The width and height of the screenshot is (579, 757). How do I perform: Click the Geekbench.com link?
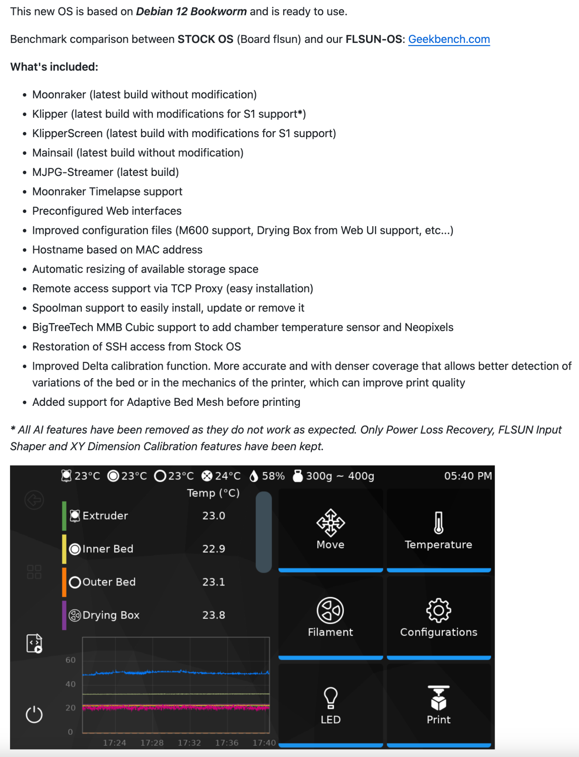449,39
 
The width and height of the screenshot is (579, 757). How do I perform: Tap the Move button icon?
331,523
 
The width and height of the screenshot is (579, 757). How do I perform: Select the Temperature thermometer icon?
439,523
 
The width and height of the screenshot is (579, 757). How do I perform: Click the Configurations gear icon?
439,610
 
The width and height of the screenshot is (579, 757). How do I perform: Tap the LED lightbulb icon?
331,698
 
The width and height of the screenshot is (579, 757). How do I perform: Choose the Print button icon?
439,698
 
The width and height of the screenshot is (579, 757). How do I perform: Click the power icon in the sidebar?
34,714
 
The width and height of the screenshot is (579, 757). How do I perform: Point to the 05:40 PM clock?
468,476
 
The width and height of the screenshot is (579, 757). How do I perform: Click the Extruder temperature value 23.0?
214,516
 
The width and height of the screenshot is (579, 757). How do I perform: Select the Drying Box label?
111,615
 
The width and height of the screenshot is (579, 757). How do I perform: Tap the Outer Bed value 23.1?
214,582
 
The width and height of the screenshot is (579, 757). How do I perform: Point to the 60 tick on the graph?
71,660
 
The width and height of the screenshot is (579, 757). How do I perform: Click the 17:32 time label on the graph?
189,743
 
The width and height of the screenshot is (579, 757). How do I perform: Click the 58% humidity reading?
273,476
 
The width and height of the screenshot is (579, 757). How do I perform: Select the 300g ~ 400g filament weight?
340,476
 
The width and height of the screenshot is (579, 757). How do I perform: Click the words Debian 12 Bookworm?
191,11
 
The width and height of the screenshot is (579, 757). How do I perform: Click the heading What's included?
54,67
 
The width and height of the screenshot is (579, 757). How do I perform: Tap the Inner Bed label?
108,549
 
